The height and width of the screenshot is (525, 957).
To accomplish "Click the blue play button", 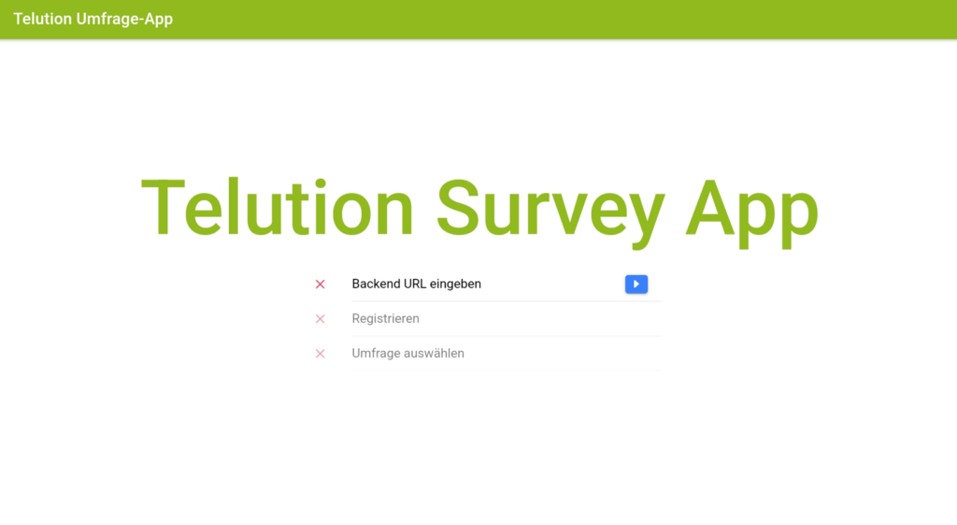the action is (636, 284).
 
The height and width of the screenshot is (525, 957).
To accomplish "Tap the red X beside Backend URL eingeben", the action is (320, 284).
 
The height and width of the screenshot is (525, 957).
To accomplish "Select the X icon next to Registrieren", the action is (320, 319).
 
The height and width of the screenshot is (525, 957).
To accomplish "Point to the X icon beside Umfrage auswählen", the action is (320, 354).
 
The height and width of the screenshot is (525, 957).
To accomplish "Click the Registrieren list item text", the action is (385, 319).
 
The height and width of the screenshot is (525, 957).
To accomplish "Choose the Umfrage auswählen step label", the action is (407, 353).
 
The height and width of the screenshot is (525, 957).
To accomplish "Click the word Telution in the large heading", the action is (278, 208).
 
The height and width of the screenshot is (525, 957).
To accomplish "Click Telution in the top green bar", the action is (43, 19).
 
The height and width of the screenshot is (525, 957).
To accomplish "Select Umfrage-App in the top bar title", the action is (124, 20).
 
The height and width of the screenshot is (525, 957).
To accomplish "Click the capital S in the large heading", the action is (460, 208).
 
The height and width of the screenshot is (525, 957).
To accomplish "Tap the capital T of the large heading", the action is (163, 208).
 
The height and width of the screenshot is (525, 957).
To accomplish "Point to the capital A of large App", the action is (712, 208).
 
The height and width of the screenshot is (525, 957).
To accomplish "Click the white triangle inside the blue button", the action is (636, 284).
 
